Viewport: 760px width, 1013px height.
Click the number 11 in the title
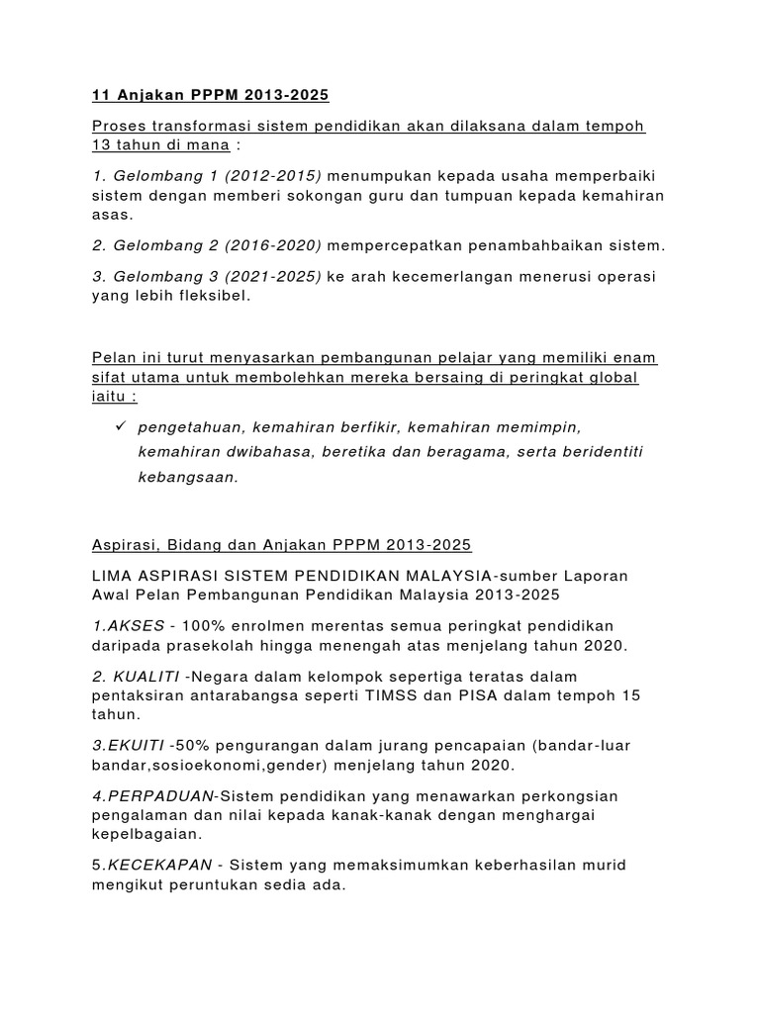click(x=99, y=96)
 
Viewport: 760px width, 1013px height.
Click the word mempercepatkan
click(x=392, y=245)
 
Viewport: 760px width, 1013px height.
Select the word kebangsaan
click(x=188, y=476)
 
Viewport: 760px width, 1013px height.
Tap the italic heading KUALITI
click(x=144, y=677)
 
